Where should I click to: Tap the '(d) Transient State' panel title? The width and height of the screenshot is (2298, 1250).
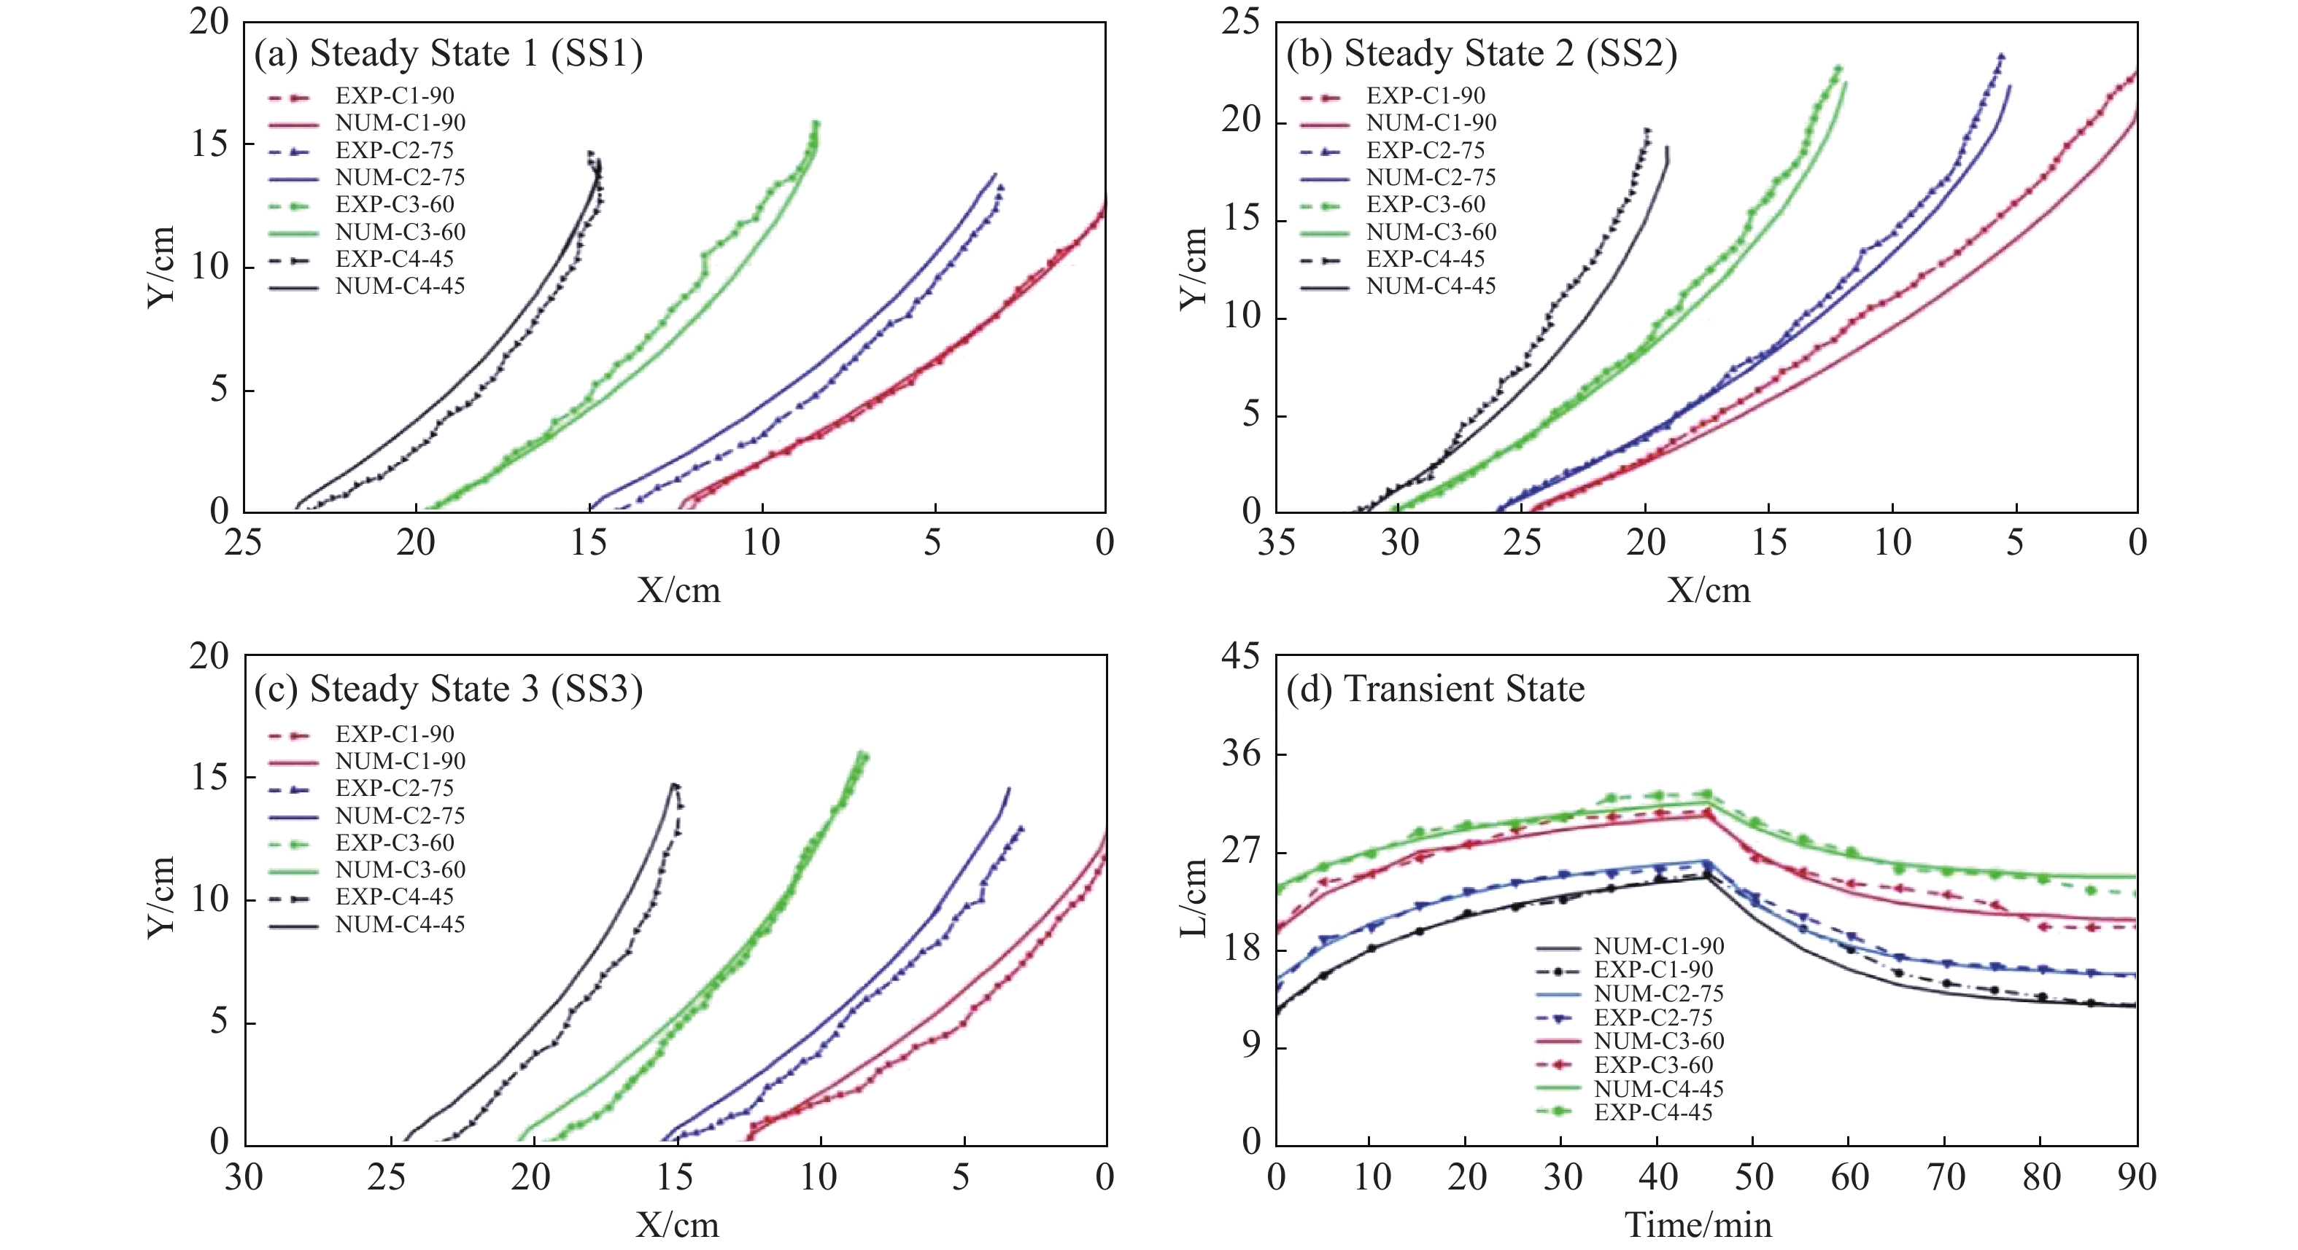[1434, 690]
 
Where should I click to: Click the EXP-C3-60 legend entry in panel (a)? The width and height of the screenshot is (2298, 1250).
[394, 204]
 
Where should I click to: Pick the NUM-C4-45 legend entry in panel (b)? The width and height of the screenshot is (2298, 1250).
[1430, 286]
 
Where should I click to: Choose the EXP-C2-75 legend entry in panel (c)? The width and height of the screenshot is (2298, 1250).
[394, 788]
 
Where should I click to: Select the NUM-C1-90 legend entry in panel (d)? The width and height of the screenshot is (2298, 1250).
[1658, 946]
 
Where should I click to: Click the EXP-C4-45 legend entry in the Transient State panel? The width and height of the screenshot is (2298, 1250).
[1653, 1112]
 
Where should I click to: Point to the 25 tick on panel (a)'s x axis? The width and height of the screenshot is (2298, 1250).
[243, 542]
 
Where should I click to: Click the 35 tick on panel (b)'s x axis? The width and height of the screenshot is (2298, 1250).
[1276, 542]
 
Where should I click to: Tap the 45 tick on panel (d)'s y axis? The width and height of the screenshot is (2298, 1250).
[1241, 657]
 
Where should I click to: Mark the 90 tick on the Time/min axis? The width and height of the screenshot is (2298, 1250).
[2135, 1178]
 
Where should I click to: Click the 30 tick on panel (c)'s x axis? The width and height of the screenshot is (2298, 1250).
[243, 1178]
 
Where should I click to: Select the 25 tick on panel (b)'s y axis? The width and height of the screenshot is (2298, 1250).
[1241, 23]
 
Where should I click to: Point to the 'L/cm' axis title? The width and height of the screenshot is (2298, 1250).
[1193, 899]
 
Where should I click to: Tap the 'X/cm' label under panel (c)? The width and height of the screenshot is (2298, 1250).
[677, 1225]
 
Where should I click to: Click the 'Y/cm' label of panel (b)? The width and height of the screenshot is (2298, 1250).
[1193, 267]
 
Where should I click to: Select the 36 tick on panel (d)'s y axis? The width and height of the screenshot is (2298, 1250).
[1241, 754]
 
